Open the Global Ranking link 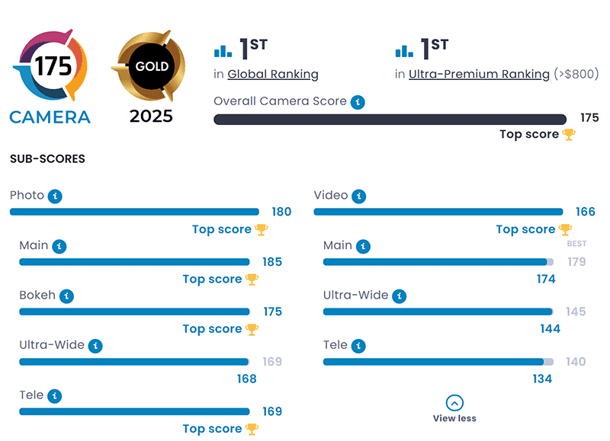click(273, 74)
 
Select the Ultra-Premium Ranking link click(479, 74)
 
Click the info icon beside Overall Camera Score click(358, 102)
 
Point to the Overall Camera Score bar click(390, 119)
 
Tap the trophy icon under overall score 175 click(569, 135)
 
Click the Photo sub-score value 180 click(281, 212)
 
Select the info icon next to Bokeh click(66, 296)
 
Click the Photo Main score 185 click(272, 262)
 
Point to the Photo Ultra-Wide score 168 click(246, 379)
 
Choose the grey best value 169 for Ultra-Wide click(272, 362)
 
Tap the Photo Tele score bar click(134, 412)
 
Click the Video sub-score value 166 click(586, 212)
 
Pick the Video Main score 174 click(546, 279)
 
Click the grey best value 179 click(576, 262)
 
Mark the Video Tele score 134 click(542, 379)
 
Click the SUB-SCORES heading click(47, 159)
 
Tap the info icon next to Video click(359, 197)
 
